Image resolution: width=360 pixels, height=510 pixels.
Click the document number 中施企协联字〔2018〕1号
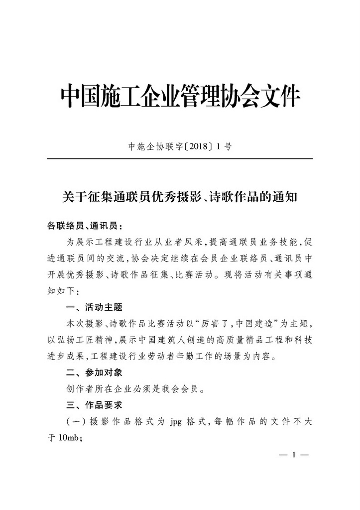coord(180,147)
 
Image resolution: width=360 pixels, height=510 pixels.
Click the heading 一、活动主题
coord(94,307)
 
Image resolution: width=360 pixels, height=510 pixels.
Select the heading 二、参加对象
coord(94,372)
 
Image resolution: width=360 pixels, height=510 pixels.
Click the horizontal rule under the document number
coord(180,158)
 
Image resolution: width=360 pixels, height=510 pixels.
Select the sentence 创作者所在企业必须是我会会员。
coord(135,388)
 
